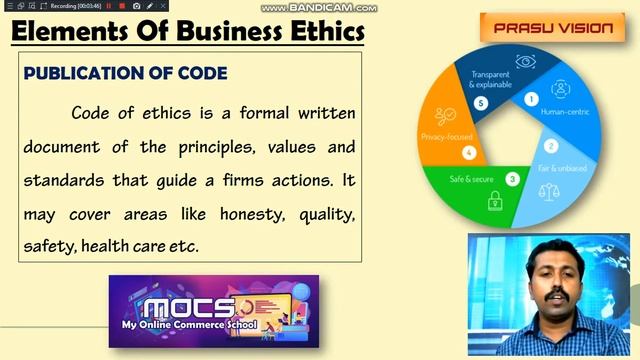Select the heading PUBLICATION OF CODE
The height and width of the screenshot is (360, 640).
(125, 73)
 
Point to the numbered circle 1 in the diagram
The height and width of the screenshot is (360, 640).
(531, 99)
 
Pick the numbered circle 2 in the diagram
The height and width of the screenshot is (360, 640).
(550, 145)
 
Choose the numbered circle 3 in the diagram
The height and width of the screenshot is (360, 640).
(512, 179)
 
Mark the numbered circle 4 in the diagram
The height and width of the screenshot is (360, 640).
(469, 153)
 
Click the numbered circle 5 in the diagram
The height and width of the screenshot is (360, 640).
(481, 103)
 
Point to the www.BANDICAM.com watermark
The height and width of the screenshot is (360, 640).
(318, 7)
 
